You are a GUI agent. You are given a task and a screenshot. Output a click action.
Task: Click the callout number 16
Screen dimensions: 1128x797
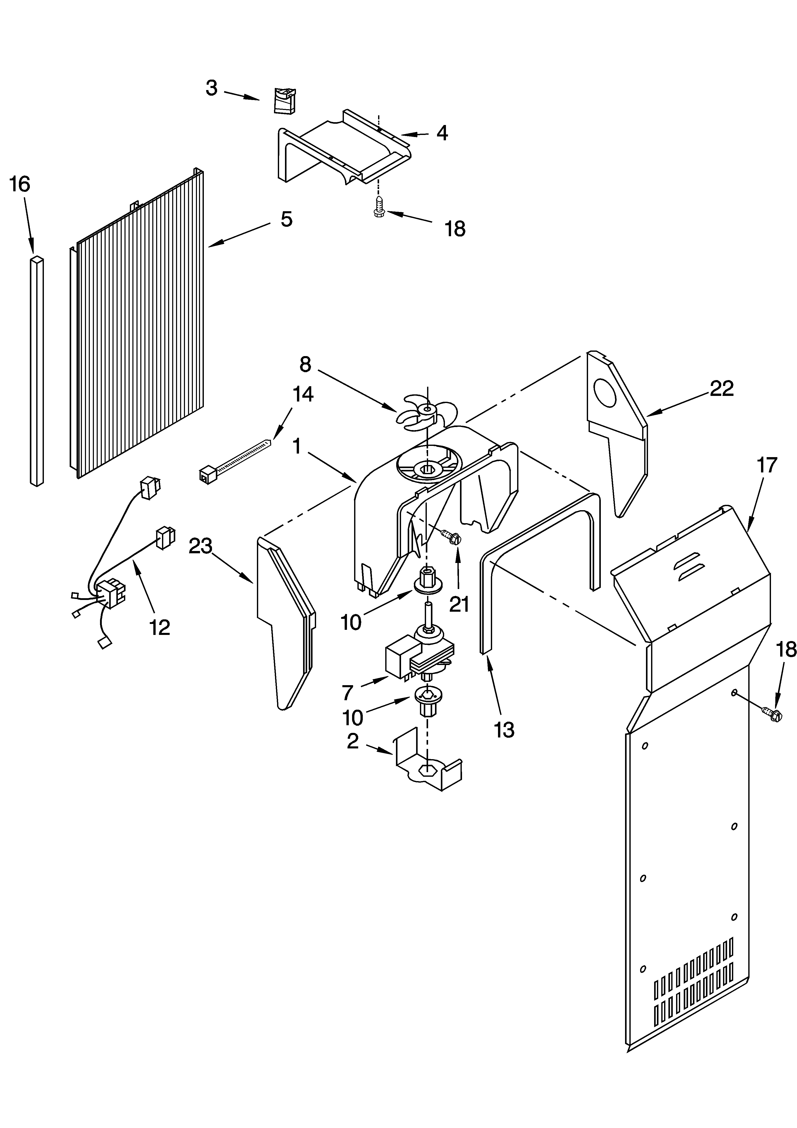(x=20, y=184)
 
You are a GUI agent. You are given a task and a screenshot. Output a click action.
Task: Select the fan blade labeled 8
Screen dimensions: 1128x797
(x=427, y=410)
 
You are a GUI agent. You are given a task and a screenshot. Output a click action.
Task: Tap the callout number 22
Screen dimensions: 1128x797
(x=721, y=388)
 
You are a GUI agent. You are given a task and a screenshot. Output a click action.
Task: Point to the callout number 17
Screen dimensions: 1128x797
(x=767, y=464)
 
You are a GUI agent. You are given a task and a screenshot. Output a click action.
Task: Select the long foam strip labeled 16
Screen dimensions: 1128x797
(x=37, y=371)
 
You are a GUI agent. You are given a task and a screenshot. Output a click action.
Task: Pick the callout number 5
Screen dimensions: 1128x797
(x=287, y=219)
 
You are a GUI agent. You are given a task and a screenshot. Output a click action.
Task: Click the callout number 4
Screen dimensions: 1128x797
(x=442, y=133)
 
